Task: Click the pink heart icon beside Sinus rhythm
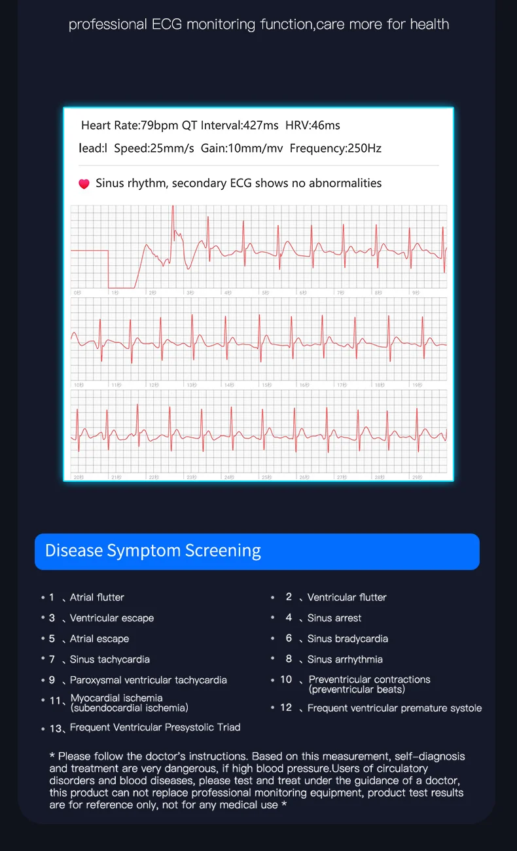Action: [84, 184]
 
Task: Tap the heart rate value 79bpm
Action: [159, 125]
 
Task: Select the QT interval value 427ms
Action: [260, 125]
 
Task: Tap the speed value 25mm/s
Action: [172, 148]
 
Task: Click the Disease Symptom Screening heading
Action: [152, 551]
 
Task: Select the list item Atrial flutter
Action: [97, 597]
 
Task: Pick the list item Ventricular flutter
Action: [347, 597]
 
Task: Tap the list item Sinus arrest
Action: [334, 618]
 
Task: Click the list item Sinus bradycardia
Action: [348, 638]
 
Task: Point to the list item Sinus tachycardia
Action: [110, 659]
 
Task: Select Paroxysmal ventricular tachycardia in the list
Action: [149, 680]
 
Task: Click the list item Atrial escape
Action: [99, 638]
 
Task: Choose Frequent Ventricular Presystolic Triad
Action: [155, 727]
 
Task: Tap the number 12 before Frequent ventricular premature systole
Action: [286, 708]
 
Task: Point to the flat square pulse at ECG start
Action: [121, 268]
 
